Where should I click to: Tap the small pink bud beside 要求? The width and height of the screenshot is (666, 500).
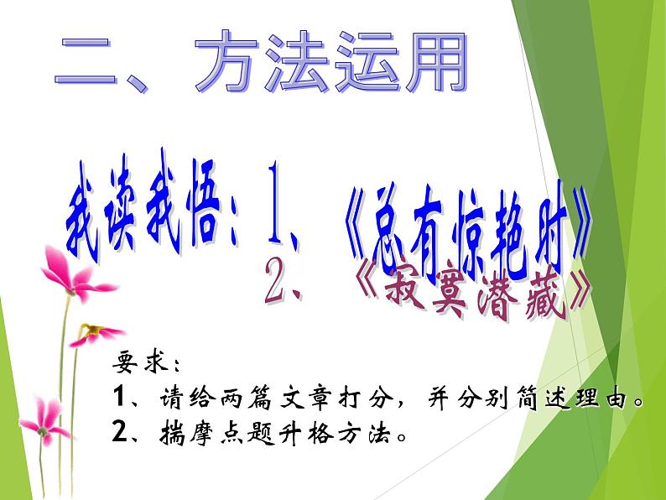click(x=94, y=333)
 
